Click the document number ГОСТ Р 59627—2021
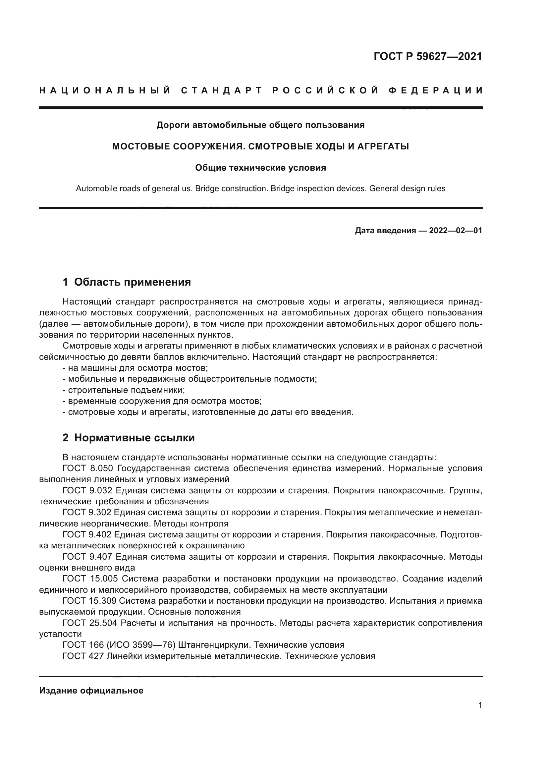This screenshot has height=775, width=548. (427, 56)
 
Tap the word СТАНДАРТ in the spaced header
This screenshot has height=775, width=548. (221, 90)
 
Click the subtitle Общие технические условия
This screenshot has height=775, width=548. (260, 168)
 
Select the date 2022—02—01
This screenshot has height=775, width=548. (455, 231)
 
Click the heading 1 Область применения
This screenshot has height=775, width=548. (127, 282)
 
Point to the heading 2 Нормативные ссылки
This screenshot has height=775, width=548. (129, 438)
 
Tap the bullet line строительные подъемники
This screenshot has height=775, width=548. (124, 390)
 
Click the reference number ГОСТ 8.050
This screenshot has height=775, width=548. (90, 468)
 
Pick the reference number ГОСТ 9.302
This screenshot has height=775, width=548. (87, 512)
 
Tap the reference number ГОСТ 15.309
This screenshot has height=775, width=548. (89, 601)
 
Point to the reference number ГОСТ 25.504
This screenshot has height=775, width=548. (90, 623)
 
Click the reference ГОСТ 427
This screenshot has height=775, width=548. (83, 656)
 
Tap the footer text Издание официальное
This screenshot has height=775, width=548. (91, 691)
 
